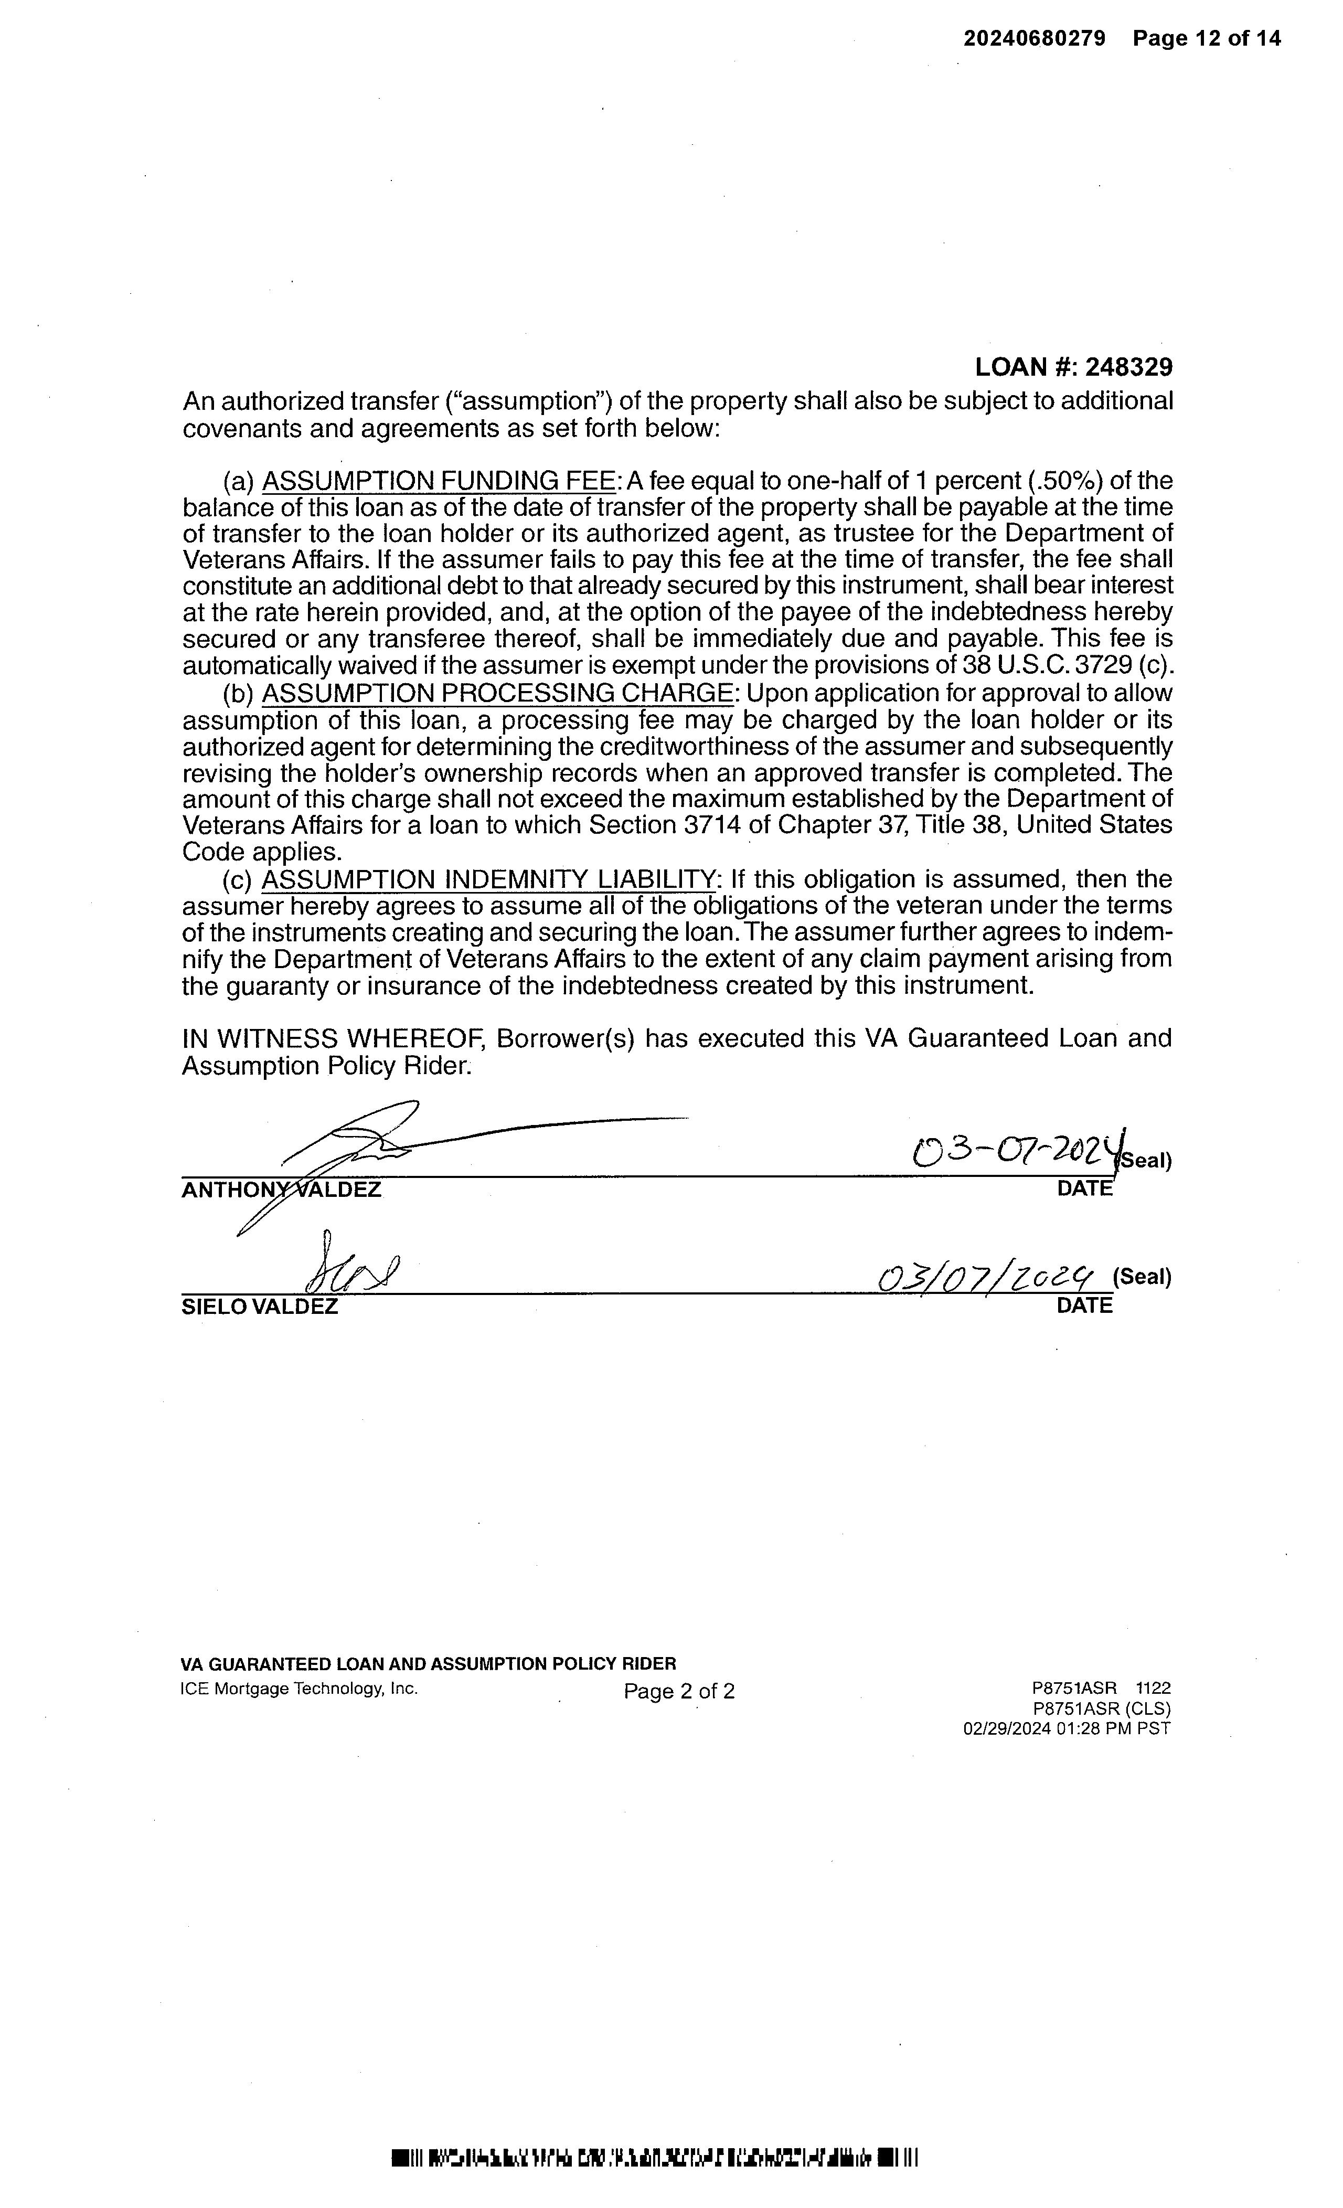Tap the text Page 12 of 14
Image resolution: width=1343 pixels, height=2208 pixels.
coord(1206,38)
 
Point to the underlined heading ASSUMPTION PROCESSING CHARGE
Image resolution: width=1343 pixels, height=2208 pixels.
coord(497,694)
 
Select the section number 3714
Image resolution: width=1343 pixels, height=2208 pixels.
coord(712,824)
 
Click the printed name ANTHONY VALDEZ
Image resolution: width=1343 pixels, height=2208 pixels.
coord(281,1190)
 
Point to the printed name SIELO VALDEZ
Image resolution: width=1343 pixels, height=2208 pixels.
coord(260,1307)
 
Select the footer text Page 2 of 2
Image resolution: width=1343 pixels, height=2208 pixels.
coord(679,1691)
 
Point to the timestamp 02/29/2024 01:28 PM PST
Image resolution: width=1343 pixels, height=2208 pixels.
coord(1066,1728)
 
